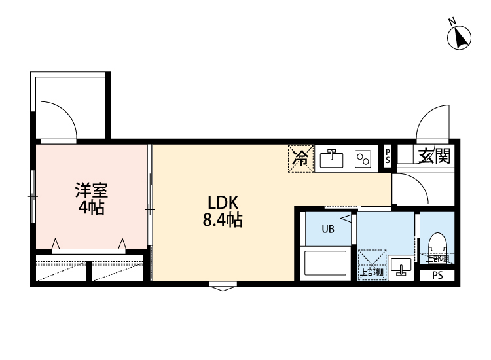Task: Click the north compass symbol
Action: [460, 37]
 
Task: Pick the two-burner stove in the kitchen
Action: [363, 158]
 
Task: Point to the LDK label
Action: [222, 202]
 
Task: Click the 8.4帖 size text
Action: [222, 221]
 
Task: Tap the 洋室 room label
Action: [90, 191]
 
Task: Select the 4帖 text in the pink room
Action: [90, 209]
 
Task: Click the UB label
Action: [327, 229]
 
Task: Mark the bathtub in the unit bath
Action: [327, 262]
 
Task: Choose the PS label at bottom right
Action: [437, 275]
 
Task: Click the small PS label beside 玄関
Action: [388, 156]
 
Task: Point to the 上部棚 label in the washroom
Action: [372, 271]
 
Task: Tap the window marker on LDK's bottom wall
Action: [223, 285]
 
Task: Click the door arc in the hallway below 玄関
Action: [411, 189]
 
